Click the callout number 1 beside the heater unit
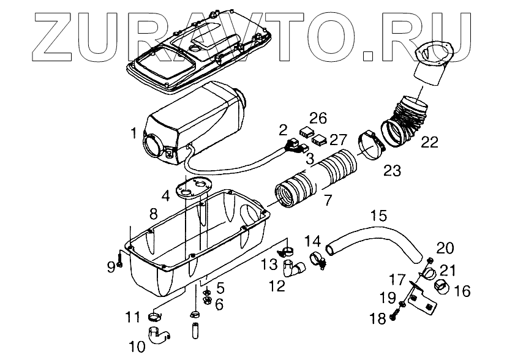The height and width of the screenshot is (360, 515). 134,132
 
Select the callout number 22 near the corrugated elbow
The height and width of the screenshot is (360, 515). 429,143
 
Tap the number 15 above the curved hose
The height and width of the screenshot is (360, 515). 379,216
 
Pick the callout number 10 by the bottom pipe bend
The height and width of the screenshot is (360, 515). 137,347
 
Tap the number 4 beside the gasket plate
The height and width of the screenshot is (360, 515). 165,197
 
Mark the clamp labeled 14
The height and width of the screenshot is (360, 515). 316,260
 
